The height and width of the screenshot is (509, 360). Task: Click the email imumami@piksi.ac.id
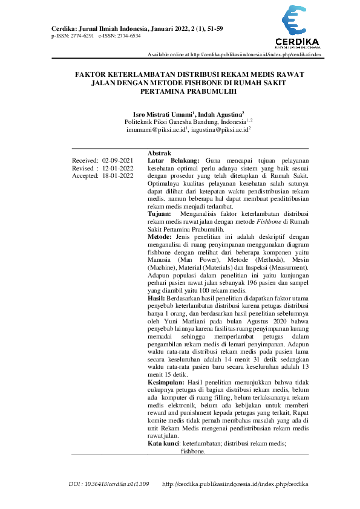(155, 129)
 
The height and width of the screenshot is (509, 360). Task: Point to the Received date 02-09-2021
(117, 160)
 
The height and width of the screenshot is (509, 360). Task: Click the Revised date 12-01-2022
(117, 168)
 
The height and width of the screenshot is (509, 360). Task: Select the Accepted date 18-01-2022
(117, 176)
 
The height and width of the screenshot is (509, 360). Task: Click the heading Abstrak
(160, 153)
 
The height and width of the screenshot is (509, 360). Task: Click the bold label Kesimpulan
(166, 383)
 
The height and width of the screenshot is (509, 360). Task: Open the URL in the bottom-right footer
(235, 484)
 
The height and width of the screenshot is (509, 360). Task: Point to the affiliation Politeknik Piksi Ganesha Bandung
(162, 122)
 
